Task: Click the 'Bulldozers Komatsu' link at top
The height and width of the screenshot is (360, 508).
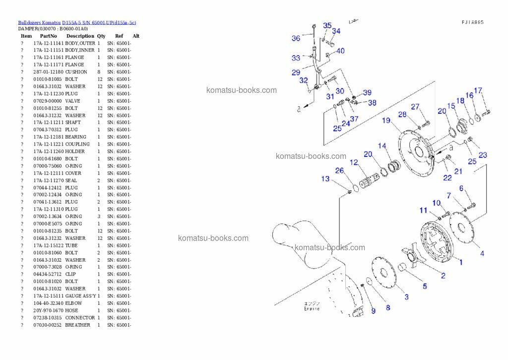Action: pyautogui.click(x=39, y=22)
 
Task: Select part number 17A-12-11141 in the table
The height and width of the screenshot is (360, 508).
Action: pyautogui.click(x=48, y=43)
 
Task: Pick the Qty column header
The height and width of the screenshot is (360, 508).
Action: pyautogui.click(x=101, y=36)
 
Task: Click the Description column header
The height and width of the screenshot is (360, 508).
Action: pyautogui.click(x=79, y=36)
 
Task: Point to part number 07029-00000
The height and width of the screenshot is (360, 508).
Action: pyautogui.click(x=48, y=101)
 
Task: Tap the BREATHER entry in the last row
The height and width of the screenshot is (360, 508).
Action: pyautogui.click(x=77, y=325)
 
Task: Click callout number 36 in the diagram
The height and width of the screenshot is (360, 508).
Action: pyautogui.click(x=296, y=38)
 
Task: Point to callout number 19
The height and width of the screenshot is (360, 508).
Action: pyautogui.click(x=386, y=120)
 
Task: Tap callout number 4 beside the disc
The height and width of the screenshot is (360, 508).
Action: pyautogui.click(x=482, y=253)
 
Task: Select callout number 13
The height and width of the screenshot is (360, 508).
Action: pyautogui.click(x=325, y=179)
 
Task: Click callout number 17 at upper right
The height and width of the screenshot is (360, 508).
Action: pyautogui.click(x=478, y=91)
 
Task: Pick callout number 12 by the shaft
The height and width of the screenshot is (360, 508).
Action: pyautogui.click(x=353, y=162)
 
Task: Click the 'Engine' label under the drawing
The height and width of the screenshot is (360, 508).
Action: pyautogui.click(x=312, y=309)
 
